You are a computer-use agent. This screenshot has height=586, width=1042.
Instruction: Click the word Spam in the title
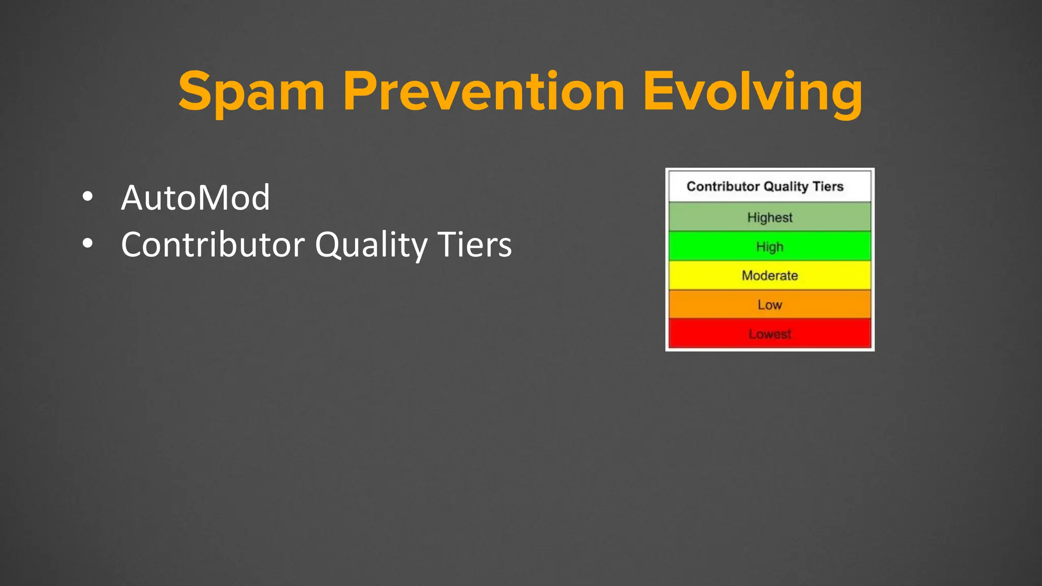pos(251,93)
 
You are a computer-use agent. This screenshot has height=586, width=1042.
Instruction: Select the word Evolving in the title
pos(753,93)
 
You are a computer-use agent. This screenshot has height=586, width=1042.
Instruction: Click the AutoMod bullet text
pos(195,197)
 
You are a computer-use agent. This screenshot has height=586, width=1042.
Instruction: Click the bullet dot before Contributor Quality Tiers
pos(88,244)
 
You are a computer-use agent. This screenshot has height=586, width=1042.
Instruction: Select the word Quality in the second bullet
pos(371,245)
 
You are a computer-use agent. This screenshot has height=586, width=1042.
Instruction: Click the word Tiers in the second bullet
pos(474,244)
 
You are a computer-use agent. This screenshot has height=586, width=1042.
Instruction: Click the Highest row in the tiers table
pos(770,217)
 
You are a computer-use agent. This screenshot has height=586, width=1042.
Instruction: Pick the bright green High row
pos(770,247)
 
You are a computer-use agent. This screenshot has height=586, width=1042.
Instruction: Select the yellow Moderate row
pos(770,276)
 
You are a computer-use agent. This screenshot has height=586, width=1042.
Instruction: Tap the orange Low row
pos(770,305)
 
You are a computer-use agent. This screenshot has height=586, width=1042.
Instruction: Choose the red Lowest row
pos(770,334)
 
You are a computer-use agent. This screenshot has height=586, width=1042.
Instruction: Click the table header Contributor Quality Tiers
pos(765,186)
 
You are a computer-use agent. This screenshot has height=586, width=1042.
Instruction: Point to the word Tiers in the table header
pos(828,186)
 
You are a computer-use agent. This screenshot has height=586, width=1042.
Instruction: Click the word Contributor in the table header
pos(723,186)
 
